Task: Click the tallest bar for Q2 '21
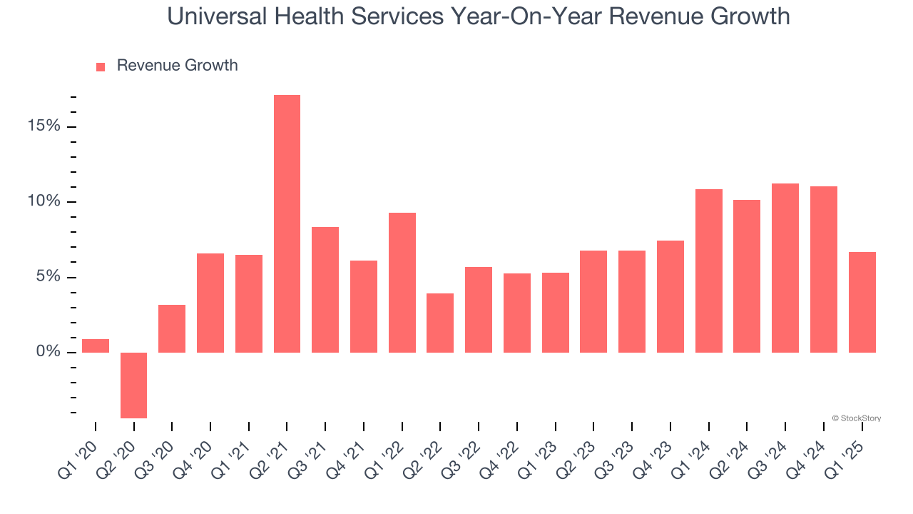tap(287, 223)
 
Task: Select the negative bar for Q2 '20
tap(133, 385)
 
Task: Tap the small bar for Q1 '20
tap(96, 346)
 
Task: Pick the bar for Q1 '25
tap(862, 302)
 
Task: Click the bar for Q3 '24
tap(785, 268)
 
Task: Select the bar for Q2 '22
tap(440, 323)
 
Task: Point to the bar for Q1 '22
tap(402, 282)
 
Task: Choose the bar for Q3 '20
tap(172, 328)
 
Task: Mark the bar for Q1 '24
tap(708, 271)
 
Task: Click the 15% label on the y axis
tap(44, 126)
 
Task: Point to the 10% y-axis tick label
tap(44, 202)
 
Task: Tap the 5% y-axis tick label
tap(49, 277)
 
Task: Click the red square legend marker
tap(101, 66)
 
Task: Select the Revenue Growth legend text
tap(177, 66)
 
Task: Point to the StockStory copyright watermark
tap(856, 418)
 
